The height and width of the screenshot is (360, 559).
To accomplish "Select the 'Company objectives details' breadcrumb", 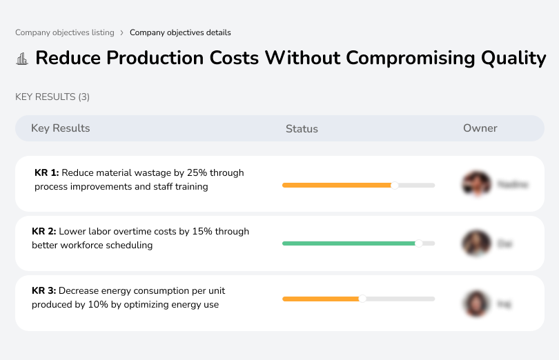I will pos(180,32).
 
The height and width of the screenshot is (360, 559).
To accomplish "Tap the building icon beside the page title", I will pos(22,58).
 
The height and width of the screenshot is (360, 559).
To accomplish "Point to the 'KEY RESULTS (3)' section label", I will pos(52,97).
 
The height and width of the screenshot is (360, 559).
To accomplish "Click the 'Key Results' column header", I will pos(60,128).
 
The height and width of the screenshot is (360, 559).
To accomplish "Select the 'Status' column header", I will pos(302,129).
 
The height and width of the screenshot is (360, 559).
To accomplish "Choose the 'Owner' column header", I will pos(480,128).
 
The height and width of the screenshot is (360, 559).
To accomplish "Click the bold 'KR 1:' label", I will pos(47,173).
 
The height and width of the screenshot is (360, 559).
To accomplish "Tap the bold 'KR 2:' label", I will pos(45,232).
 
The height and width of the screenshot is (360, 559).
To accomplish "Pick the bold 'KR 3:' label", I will pos(45,290).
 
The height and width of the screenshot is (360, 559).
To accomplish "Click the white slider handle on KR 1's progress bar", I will pos(395,185).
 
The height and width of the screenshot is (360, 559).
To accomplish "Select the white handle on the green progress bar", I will pos(418,243).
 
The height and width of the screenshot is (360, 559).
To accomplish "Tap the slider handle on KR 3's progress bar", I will pos(362,299).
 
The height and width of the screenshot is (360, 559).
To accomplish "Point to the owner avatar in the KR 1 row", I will pos(475,184).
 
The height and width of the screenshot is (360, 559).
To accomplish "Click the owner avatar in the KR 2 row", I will pos(475,243).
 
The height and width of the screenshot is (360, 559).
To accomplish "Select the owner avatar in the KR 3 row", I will pos(475,303).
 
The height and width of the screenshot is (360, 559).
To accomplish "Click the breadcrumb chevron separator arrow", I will pos(121,32).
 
